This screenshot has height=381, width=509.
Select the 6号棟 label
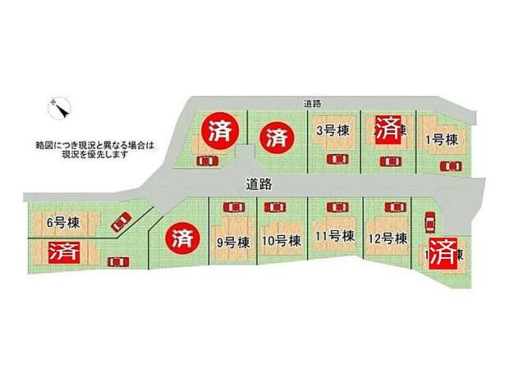point(62,223)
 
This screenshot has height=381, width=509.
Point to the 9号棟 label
point(232,241)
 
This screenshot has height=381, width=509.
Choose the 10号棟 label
point(280,241)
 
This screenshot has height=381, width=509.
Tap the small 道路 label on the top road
point(311,103)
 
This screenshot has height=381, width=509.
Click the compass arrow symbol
point(61,107)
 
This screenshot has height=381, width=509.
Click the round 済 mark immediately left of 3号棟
point(275,136)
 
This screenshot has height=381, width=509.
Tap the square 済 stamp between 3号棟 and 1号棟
point(387,129)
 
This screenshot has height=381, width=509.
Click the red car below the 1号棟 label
point(450,166)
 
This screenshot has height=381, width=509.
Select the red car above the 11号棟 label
point(335,207)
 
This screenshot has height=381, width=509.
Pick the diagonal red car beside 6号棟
point(122,221)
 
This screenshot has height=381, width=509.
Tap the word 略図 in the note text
point(46,143)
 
